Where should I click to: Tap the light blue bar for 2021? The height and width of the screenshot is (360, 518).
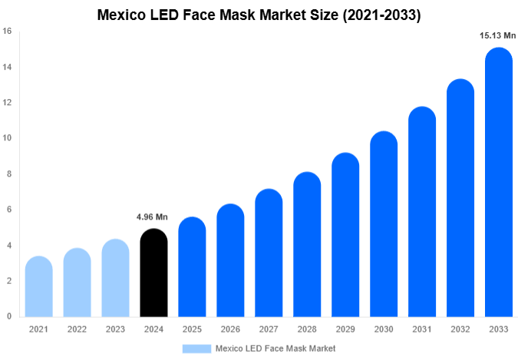(38, 287)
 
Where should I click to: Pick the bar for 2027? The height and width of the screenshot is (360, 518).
(269, 253)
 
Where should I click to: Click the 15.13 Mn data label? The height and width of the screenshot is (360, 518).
(498, 36)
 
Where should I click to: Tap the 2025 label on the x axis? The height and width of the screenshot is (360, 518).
(192, 329)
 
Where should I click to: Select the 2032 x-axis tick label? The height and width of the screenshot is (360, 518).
(460, 329)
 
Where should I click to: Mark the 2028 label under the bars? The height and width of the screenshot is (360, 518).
(307, 329)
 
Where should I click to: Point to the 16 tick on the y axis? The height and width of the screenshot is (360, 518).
(7, 31)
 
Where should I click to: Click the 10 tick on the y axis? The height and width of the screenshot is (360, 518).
(7, 138)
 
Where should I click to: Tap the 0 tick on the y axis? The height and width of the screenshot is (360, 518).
(9, 316)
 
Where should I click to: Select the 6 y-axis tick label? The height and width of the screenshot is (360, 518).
(9, 210)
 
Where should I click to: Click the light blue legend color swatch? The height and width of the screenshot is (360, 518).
(196, 348)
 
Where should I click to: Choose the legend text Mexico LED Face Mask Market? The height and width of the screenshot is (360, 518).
(275, 348)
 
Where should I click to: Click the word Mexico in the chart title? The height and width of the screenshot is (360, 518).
(124, 15)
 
